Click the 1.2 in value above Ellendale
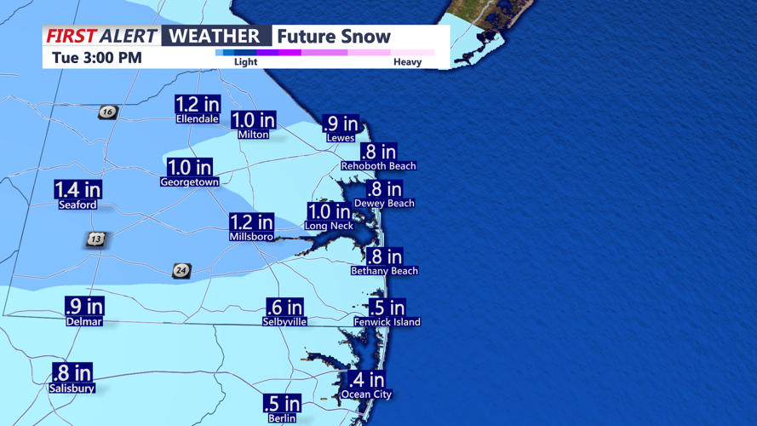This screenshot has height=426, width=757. [x=198, y=104]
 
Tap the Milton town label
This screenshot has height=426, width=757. [x=254, y=135]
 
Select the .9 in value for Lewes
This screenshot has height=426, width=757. [x=341, y=124]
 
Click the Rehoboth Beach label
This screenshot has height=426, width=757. [x=378, y=166]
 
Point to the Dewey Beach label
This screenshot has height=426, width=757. [x=384, y=204]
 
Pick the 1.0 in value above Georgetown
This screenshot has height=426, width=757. [x=189, y=167]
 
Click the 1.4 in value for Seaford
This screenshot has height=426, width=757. [x=77, y=189]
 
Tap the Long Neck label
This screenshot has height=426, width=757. [x=329, y=227]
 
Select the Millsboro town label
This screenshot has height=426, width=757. [x=251, y=237]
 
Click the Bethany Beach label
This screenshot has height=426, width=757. [x=384, y=271]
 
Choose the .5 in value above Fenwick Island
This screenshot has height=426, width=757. [x=387, y=307]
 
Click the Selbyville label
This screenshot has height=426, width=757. [x=284, y=322]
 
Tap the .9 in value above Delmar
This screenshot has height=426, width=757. [x=84, y=306]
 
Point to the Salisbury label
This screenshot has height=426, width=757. [x=72, y=389]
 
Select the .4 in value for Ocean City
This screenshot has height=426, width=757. [x=366, y=379]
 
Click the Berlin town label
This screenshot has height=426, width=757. [x=282, y=418]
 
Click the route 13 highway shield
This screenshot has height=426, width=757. [x=95, y=239]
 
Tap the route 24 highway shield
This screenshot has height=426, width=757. [x=181, y=271]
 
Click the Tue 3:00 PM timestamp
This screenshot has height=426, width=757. [x=96, y=59]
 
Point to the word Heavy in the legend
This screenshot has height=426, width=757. [x=407, y=62]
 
